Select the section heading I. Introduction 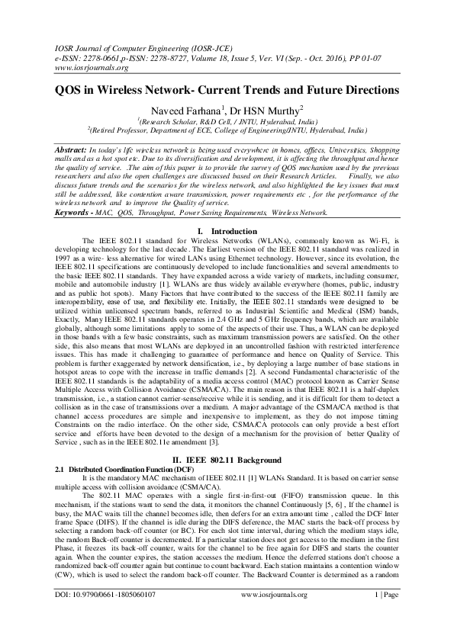click(227, 230)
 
